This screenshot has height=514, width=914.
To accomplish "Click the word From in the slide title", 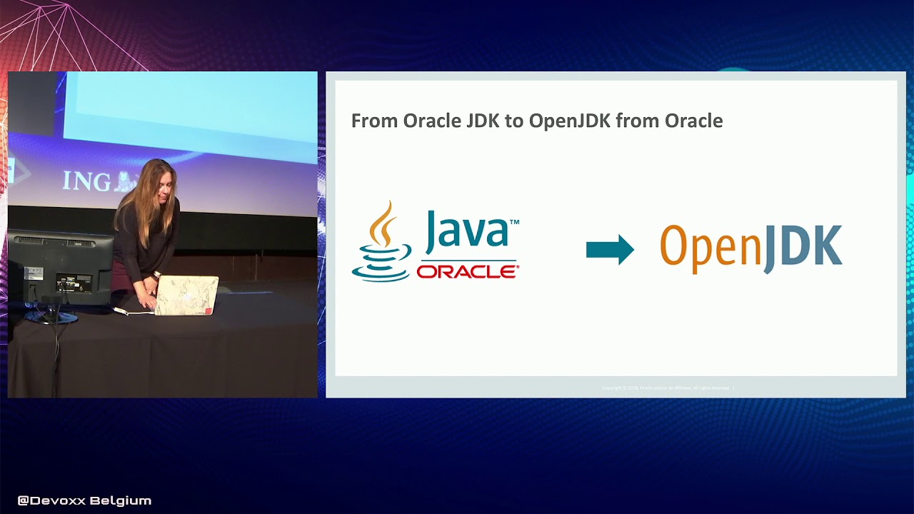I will click(374, 121).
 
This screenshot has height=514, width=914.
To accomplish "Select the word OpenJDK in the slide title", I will click(569, 121).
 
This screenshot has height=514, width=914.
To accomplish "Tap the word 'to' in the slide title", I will click(513, 121).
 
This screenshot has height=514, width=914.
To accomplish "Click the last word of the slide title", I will click(693, 121).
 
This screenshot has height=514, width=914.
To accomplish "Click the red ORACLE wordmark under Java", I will click(468, 272).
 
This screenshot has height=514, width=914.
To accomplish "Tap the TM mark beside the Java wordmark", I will click(514, 222).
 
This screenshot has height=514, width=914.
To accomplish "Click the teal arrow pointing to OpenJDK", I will click(610, 250).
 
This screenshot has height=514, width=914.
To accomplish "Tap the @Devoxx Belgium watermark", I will click(84, 500).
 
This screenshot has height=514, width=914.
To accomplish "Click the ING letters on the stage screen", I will click(86, 181).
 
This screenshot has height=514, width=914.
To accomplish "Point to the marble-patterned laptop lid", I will click(186, 294).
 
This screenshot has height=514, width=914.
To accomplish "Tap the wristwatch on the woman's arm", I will click(156, 275).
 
